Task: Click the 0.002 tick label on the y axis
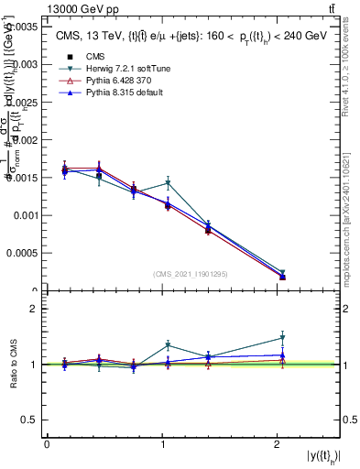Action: coord(28,140)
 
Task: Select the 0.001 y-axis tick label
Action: coord(28,215)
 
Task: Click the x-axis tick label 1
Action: coord(162,444)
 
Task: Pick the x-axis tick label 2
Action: coord(277,444)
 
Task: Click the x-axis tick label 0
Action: coord(47,444)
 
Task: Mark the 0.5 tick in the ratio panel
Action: coord(34,420)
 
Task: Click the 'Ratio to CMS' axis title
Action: coord(14,365)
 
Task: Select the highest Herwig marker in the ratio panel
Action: coord(282,338)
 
